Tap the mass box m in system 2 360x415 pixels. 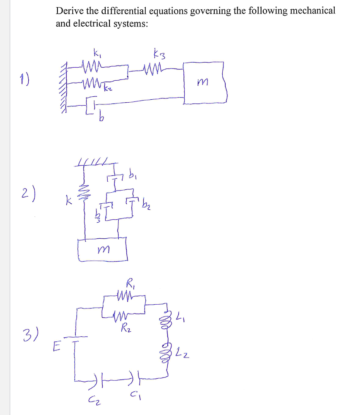(x=103, y=251)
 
